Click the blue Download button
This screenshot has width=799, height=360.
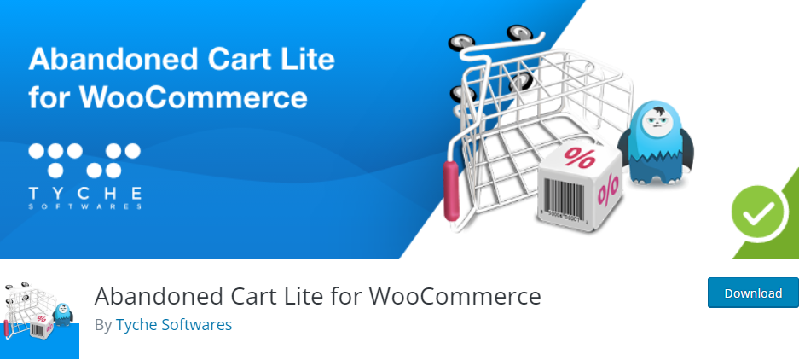(x=753, y=293)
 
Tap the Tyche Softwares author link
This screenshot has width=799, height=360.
(x=174, y=325)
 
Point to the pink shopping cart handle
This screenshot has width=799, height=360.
(x=451, y=191)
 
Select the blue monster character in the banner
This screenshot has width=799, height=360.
(x=656, y=142)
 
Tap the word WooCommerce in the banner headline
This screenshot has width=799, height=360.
(x=194, y=97)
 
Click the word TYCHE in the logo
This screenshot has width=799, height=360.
(x=84, y=194)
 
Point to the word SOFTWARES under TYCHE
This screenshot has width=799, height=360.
(x=84, y=206)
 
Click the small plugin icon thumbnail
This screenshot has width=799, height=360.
(x=39, y=320)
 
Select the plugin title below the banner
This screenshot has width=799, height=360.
(x=317, y=296)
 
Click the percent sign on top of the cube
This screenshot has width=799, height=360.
(x=579, y=158)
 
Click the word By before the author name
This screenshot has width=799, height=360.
(x=103, y=325)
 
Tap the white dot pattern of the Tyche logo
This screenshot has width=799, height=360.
(x=84, y=160)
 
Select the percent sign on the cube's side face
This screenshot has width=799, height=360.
(x=609, y=189)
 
